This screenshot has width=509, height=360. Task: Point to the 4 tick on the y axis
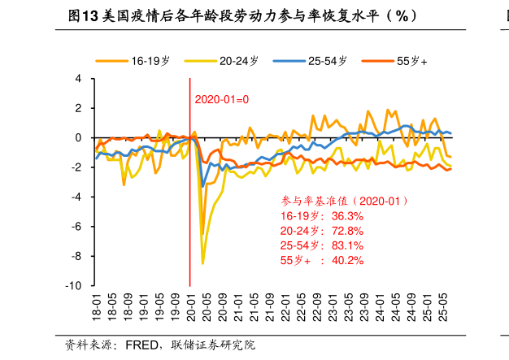click(x=78, y=79)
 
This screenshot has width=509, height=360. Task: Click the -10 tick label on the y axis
click(x=74, y=286)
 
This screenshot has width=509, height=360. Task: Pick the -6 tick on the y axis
click(x=77, y=227)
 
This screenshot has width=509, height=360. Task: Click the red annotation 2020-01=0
click(x=221, y=100)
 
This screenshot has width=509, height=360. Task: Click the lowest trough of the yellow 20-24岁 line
click(x=203, y=263)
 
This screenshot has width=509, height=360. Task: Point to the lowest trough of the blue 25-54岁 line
click(x=203, y=187)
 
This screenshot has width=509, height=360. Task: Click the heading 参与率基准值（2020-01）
click(x=345, y=201)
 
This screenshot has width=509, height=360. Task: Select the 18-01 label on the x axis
click(x=96, y=309)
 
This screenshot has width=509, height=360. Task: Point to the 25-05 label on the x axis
click(x=443, y=309)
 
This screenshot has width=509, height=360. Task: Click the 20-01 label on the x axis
click(x=190, y=309)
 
